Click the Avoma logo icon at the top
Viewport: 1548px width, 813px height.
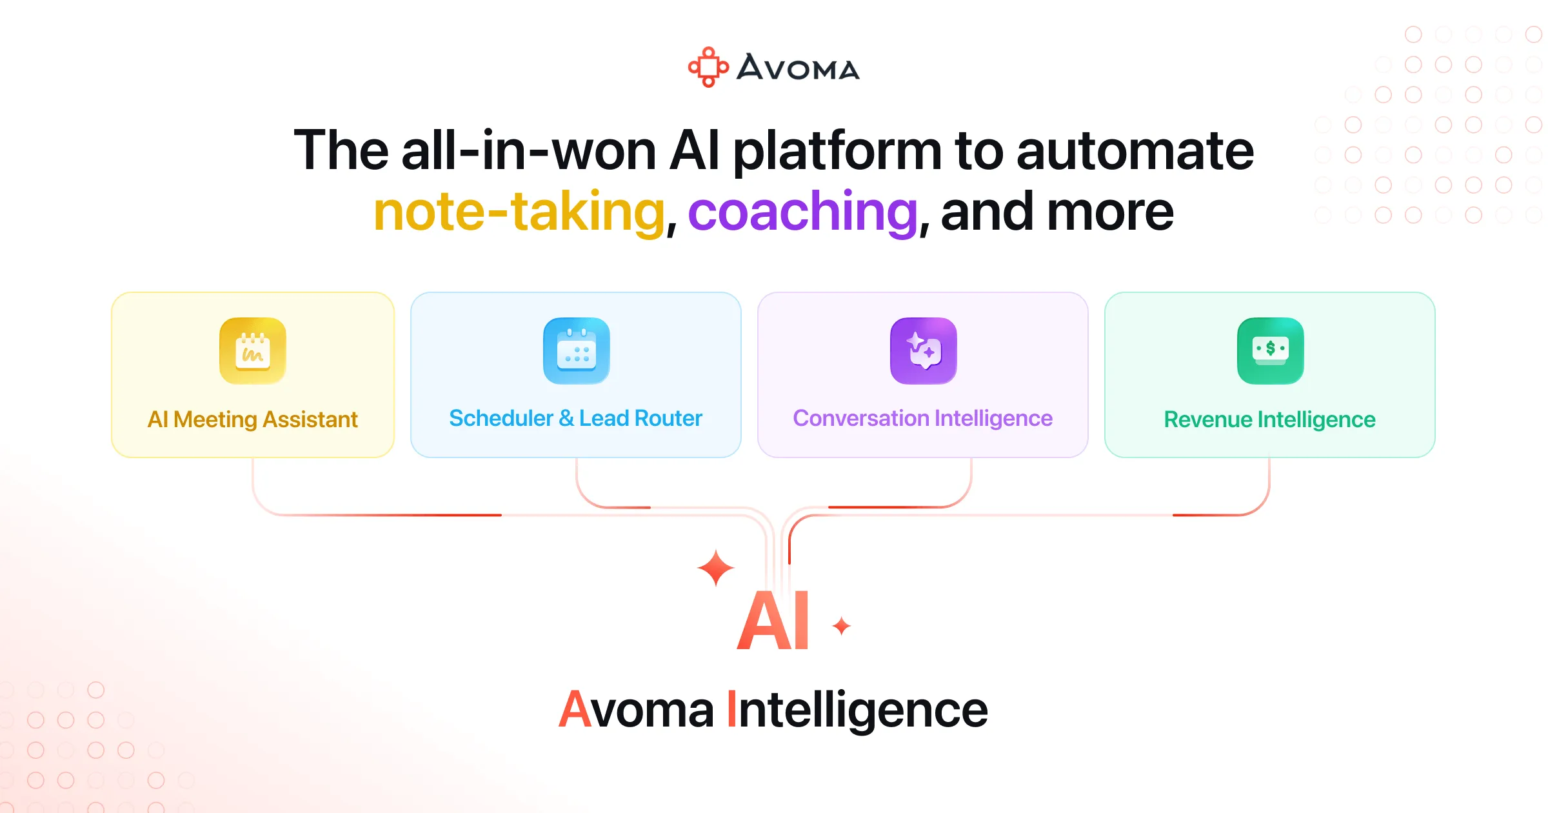[x=708, y=67]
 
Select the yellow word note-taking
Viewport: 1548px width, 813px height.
[x=519, y=212]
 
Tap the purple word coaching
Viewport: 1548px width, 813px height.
[x=802, y=212]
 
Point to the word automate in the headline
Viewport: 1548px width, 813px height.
[x=1135, y=151]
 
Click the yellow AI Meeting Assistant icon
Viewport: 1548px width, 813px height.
[x=253, y=351]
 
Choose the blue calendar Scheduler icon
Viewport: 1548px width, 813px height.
[x=576, y=351]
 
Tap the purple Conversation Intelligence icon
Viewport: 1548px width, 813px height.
[x=923, y=351]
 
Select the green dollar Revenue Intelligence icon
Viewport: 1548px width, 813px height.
[x=1270, y=351]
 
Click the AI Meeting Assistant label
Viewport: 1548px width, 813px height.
[x=253, y=419]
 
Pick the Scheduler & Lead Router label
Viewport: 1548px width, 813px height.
[x=575, y=418]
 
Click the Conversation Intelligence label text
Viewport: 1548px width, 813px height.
[x=922, y=418]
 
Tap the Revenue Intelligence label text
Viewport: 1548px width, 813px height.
[x=1269, y=419]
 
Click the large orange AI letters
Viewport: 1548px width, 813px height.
[x=773, y=621]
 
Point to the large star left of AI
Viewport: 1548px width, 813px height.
[x=715, y=568]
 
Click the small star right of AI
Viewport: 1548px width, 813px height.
[x=841, y=626]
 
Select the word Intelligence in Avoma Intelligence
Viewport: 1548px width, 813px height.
[x=857, y=710]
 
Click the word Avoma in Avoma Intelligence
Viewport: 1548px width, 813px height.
[x=636, y=710]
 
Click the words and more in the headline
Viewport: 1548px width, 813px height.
[x=1057, y=212]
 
